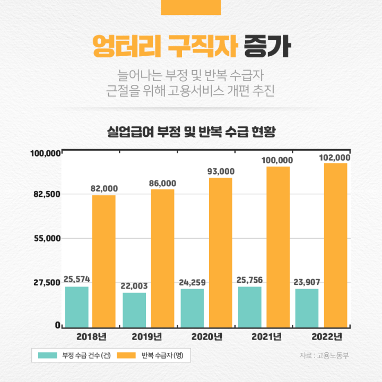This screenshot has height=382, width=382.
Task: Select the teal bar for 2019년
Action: tap(134, 310)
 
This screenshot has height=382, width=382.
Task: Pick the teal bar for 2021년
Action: tap(250, 307)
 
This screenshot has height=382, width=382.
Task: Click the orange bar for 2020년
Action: tap(220, 252)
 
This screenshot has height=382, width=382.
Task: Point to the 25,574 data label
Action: tap(77, 279)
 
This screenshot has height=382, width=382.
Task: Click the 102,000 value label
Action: tap(335, 158)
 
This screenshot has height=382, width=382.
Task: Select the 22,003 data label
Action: tap(134, 285)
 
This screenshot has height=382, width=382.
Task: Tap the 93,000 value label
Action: tap(220, 171)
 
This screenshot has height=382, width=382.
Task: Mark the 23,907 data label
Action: tap(307, 282)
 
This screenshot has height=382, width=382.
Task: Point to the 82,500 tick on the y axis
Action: tap(46, 194)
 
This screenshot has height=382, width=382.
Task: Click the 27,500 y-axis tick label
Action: tap(46, 283)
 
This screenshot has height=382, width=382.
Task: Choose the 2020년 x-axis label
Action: tap(206, 336)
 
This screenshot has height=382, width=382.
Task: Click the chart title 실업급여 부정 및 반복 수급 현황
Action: tap(191, 131)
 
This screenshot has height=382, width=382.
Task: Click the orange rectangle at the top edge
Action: tap(191, 7)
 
